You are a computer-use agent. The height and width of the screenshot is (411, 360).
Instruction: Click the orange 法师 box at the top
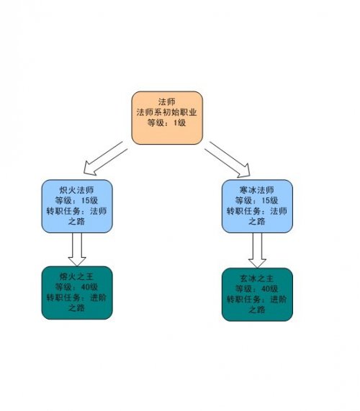point(167,118)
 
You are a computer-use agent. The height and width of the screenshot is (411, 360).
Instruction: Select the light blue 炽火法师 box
point(77,206)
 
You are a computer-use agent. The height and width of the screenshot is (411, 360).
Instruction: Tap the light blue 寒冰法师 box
point(257,206)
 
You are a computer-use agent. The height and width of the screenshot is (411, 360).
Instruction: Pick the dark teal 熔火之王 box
point(77,293)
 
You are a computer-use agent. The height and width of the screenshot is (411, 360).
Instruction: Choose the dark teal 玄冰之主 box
point(257,294)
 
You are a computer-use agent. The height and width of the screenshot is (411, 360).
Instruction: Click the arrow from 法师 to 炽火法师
point(105,159)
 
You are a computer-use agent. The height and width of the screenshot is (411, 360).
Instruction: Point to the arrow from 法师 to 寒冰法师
point(228,159)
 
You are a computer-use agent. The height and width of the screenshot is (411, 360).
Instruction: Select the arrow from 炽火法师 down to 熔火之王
point(77,250)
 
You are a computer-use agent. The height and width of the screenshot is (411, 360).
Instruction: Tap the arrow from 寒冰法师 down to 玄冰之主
point(257,250)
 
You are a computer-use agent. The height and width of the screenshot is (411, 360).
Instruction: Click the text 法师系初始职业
point(166,112)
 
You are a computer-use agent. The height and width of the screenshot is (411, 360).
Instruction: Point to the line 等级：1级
point(166,122)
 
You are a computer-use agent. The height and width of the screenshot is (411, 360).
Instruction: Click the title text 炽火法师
point(76,190)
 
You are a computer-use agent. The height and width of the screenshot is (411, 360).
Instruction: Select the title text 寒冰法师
point(257,190)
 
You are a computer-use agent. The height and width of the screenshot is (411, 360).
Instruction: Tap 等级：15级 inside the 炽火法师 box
point(76,200)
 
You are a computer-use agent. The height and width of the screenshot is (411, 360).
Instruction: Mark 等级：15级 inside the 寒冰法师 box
point(257,200)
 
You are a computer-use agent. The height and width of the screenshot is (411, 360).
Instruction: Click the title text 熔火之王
point(76,276)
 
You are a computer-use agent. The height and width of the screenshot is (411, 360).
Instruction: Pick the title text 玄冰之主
point(257,278)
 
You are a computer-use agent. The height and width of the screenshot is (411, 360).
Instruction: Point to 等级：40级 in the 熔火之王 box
point(76,287)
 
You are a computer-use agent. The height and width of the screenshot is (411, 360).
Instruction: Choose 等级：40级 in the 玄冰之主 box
point(257,289)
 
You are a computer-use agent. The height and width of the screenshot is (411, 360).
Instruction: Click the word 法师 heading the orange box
point(167,101)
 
